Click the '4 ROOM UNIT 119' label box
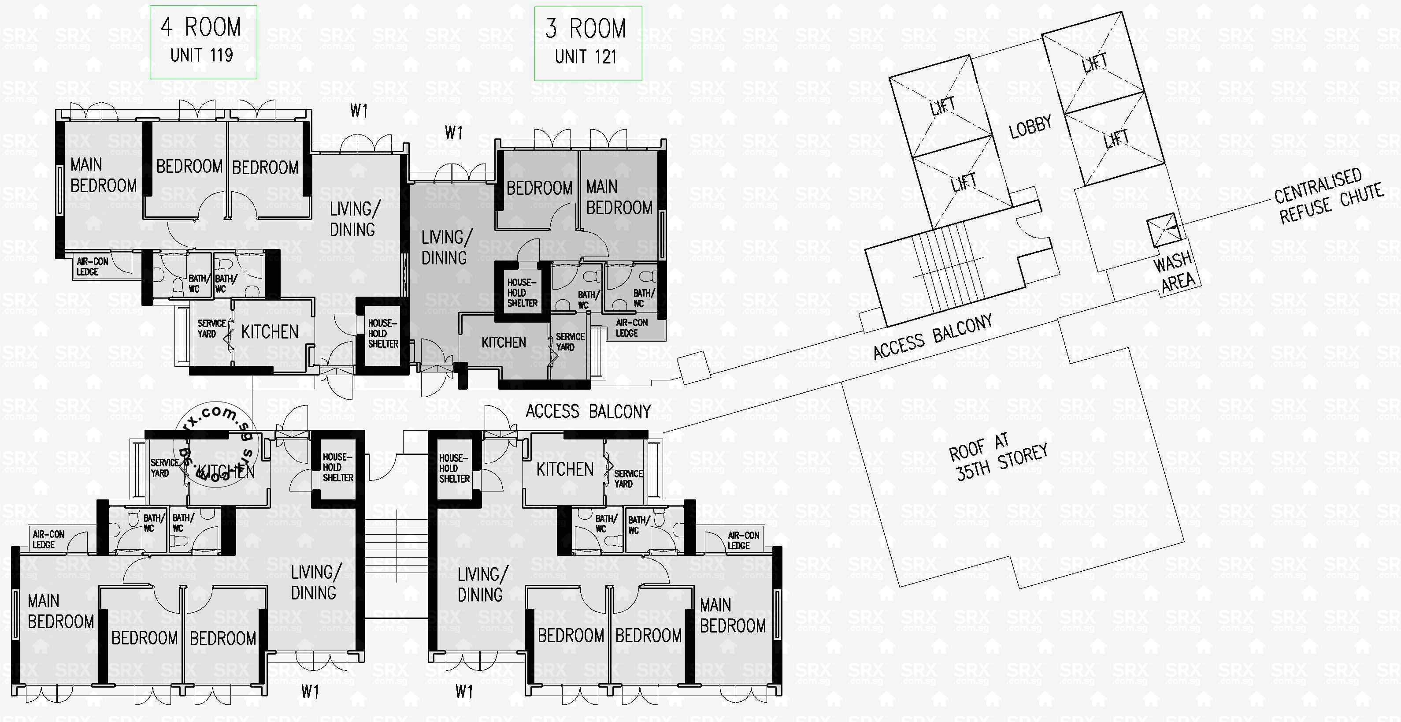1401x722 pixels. [203, 42]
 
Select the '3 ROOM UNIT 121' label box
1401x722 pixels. [587, 43]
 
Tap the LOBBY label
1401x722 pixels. [1030, 126]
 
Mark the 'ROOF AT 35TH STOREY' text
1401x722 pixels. [997, 457]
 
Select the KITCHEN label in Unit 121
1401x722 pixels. [504, 342]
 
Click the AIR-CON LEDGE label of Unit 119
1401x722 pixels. [92, 267]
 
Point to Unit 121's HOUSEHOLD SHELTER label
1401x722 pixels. [522, 293]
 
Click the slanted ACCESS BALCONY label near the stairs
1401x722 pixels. [932, 337]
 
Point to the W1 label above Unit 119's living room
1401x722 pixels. [359, 111]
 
